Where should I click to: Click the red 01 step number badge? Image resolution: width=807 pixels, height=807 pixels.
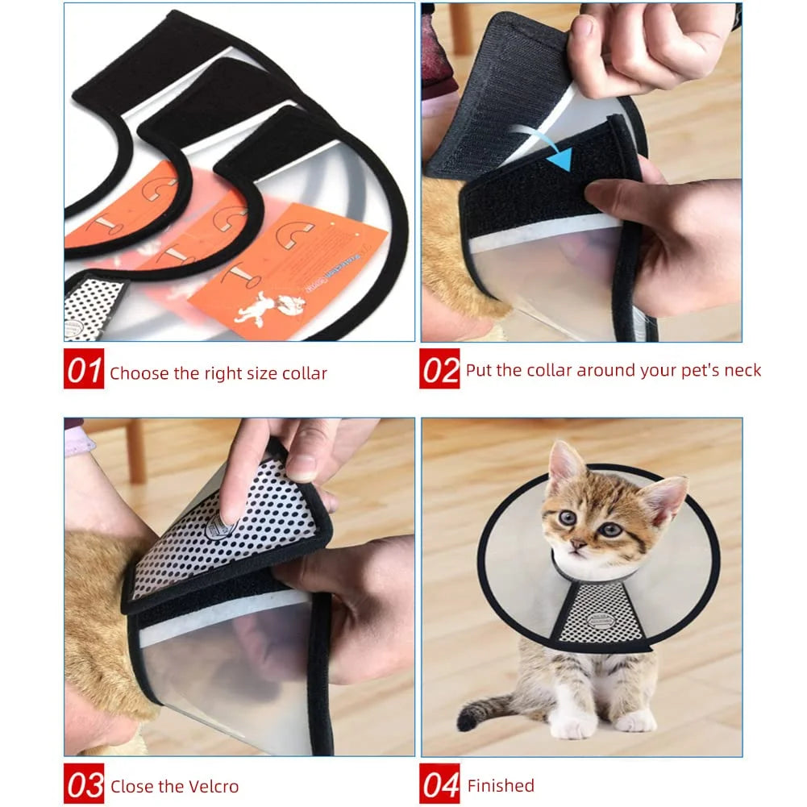pos(84,372)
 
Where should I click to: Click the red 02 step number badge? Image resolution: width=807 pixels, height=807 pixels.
pos(439,369)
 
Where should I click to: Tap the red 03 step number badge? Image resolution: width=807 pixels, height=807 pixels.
pos(84,784)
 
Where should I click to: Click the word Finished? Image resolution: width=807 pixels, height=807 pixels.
pos(501,785)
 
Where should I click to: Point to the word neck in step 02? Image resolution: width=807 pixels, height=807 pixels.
pos(741,370)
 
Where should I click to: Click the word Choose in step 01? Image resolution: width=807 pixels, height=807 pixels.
pos(139,373)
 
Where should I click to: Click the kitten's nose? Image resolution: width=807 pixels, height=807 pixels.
pos(578,544)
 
